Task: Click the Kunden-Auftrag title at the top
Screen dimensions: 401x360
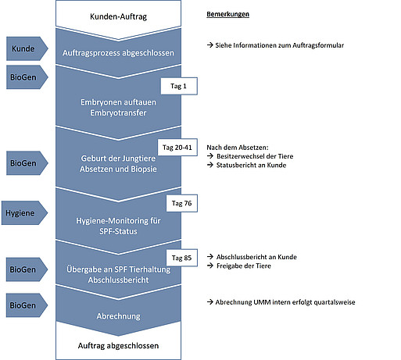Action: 118,16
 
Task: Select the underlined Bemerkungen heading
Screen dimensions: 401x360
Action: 227,14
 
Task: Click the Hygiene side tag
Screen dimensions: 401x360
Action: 24,212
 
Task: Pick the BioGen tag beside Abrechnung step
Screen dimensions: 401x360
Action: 27,305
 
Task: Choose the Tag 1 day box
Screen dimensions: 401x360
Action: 179,86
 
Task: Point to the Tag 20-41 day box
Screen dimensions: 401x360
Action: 177,148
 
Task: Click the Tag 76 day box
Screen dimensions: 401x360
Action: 181,203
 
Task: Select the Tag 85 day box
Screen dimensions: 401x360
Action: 181,258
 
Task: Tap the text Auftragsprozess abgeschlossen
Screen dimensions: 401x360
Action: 118,53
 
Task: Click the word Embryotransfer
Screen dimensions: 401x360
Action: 118,113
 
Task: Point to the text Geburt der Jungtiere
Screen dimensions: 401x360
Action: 118,159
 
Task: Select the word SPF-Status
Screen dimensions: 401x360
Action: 118,231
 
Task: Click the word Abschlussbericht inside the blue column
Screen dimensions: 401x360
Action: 118,280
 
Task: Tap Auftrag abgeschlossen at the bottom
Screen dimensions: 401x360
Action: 118,346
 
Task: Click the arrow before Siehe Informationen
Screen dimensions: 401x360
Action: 210,45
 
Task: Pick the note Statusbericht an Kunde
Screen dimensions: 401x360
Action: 251,166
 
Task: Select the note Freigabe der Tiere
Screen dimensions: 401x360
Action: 244,266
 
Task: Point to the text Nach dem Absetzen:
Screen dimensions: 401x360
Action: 238,148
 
